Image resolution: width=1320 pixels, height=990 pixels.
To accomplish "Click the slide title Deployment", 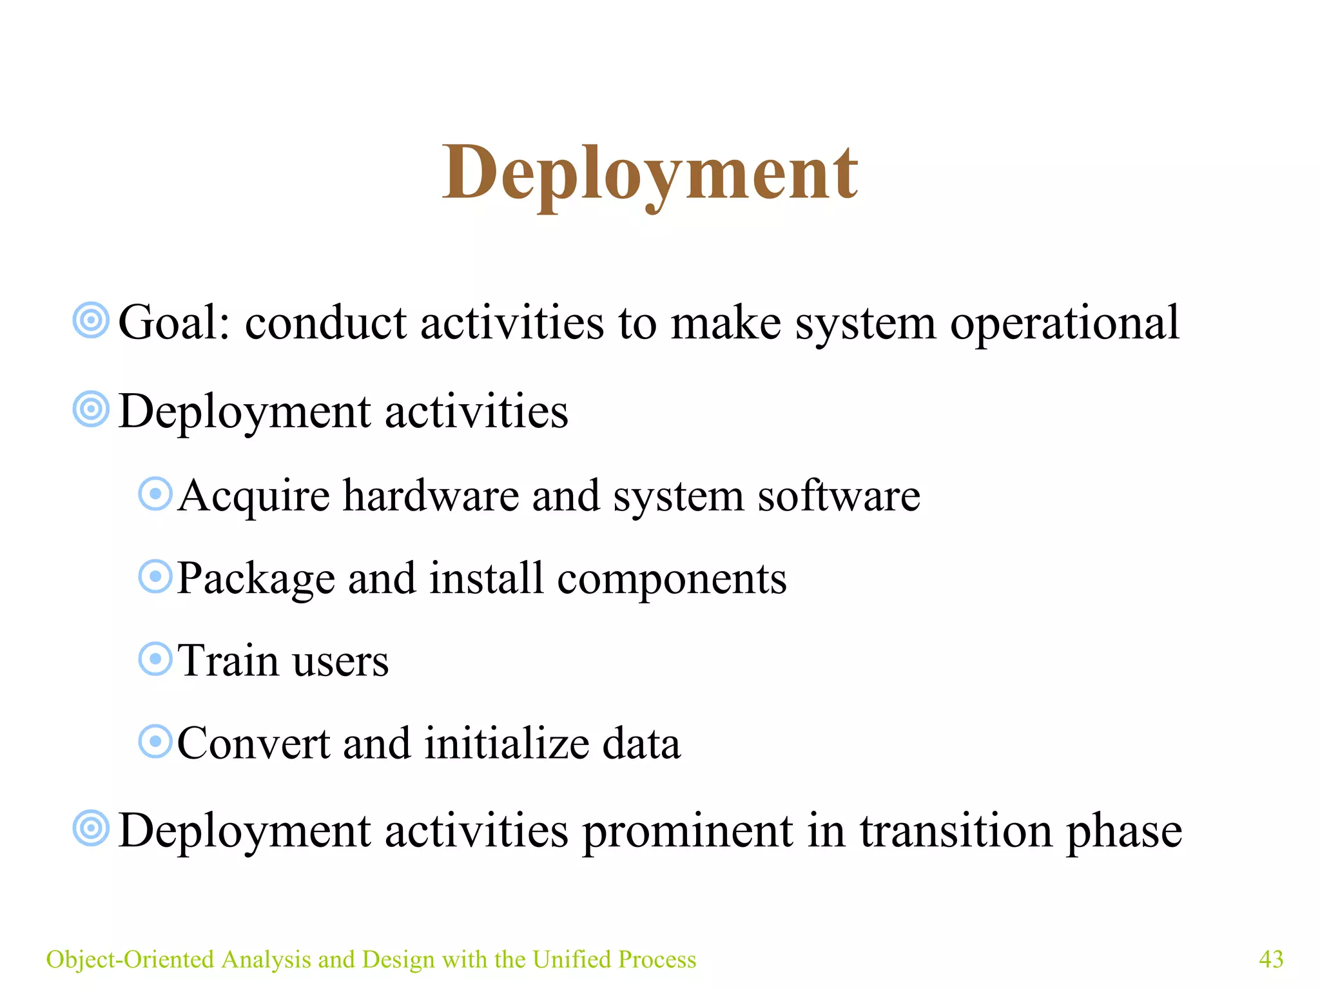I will pyautogui.click(x=650, y=173).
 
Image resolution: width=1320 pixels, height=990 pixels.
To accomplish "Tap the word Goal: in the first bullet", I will pyautogui.click(x=174, y=322).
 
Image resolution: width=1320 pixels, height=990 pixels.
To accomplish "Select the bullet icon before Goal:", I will pyautogui.click(x=91, y=320).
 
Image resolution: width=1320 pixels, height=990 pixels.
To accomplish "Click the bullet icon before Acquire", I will pyautogui.click(x=155, y=494).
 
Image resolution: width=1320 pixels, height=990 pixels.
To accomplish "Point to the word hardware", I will pyautogui.click(x=431, y=496).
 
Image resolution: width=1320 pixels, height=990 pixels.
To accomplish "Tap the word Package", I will pyautogui.click(x=255, y=579).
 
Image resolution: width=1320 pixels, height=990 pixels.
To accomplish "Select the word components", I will pyautogui.click(x=672, y=579).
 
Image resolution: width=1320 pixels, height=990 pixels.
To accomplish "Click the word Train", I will pyautogui.click(x=228, y=661).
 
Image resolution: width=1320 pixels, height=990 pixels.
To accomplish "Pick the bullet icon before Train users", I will pyautogui.click(x=155, y=659).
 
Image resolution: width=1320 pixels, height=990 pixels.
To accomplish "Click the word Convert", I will pyautogui.click(x=253, y=743).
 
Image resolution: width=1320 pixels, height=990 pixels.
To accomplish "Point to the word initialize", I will pyautogui.click(x=507, y=743).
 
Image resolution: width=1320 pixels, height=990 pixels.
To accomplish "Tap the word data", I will pyautogui.click(x=641, y=743).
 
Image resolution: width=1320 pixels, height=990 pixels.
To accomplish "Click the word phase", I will pyautogui.click(x=1124, y=831).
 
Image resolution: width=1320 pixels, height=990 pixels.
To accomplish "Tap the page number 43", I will pyautogui.click(x=1270, y=959).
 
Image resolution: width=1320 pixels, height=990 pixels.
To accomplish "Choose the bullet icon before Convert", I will pyautogui.click(x=155, y=741).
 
